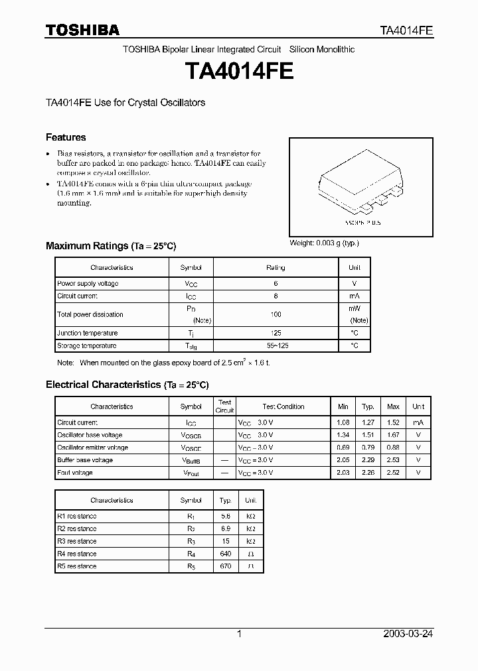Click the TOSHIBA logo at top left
pyautogui.click(x=82, y=30)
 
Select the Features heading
pyautogui.click(x=66, y=137)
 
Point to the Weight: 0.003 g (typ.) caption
pyautogui.click(x=324, y=243)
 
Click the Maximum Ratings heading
pyautogui.click(x=111, y=246)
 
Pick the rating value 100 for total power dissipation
pyautogui.click(x=276, y=315)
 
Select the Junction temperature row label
pyautogui.click(x=87, y=334)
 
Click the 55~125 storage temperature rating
pyautogui.click(x=276, y=346)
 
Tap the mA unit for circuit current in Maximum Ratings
pyautogui.click(x=355, y=296)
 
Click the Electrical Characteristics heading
pyautogui.click(x=127, y=385)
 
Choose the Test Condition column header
pyautogui.click(x=283, y=406)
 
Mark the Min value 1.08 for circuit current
pyautogui.click(x=343, y=422)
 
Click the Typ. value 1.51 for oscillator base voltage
pyautogui.click(x=368, y=435)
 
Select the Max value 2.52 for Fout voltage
pyautogui.click(x=393, y=473)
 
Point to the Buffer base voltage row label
pyautogui.click(x=85, y=460)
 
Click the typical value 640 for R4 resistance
pyautogui.click(x=226, y=554)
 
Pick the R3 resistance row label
pyautogui.click(x=77, y=541)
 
